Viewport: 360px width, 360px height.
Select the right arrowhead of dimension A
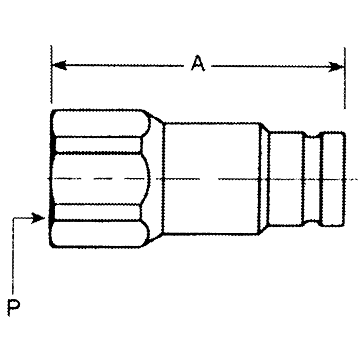pos(337,66)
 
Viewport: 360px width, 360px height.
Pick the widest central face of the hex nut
pos(98,178)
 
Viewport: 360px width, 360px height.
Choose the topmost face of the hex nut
pos(98,124)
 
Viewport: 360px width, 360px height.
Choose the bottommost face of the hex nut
pos(98,234)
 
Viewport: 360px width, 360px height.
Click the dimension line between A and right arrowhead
pos(273,66)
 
